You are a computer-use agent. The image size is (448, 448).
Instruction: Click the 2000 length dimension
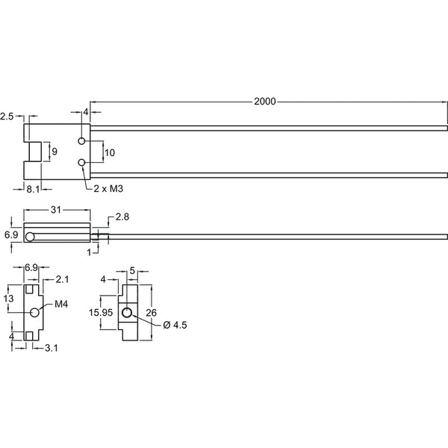coord(265,102)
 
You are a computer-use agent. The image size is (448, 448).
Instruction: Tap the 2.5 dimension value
coord(7,116)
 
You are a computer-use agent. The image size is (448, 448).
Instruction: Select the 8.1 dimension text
coord(33,189)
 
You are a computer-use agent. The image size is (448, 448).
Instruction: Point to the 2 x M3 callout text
coord(108,189)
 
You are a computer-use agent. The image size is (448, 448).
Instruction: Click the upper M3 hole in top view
coord(81,141)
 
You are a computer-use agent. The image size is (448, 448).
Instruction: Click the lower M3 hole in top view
coord(81,163)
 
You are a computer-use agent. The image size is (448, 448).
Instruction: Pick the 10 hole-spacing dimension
coord(110,153)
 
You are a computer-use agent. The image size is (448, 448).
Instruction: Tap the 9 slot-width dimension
coord(55,152)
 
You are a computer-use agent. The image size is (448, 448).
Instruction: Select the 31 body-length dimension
coord(56,210)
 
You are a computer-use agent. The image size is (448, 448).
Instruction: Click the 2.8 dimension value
coord(122,217)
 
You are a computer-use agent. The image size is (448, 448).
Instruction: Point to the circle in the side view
coord(30,237)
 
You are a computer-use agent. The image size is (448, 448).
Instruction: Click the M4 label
coord(61,305)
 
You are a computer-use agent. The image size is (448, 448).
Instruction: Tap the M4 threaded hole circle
coord(34,313)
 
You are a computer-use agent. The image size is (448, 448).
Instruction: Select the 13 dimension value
coord(8,299)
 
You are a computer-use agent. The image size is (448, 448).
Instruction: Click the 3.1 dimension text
coord(52,348)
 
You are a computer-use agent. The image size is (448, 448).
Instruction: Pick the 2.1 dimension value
coord(62,279)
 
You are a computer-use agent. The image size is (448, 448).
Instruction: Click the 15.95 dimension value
coord(101,313)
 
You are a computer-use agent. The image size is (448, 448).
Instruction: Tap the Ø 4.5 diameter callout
coord(175,325)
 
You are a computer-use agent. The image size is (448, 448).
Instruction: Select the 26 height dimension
coord(151,313)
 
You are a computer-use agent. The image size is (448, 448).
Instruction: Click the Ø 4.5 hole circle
coord(127,313)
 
